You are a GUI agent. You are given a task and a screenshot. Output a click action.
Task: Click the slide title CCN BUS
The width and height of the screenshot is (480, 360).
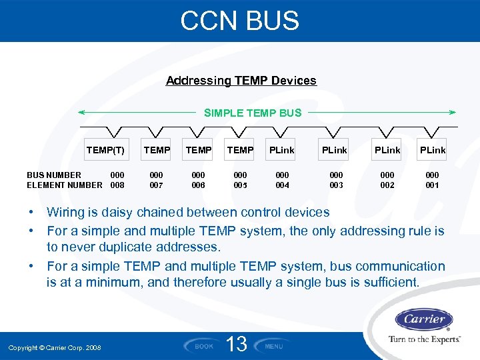click(240, 21)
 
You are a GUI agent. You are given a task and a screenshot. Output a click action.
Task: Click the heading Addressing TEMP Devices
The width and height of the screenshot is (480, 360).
click(241, 81)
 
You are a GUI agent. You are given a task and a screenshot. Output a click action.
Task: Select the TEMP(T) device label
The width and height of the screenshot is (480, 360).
click(105, 150)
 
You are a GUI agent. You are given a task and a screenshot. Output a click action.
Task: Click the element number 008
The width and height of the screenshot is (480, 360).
click(117, 185)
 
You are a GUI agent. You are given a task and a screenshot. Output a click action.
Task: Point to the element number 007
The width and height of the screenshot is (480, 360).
click(157, 185)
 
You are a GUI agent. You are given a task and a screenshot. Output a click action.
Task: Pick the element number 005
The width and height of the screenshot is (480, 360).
click(240, 185)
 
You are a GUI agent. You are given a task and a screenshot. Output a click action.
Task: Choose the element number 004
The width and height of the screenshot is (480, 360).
click(283, 185)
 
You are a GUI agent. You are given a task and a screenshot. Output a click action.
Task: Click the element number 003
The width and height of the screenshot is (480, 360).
click(336, 185)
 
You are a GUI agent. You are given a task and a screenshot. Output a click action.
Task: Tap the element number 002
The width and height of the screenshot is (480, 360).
click(387, 185)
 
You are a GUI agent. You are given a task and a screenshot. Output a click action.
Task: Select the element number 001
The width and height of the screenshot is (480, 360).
click(432, 185)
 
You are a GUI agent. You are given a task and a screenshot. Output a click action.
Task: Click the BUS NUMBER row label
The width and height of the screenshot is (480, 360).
click(54, 175)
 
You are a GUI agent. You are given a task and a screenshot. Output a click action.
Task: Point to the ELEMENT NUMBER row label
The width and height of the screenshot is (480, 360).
click(65, 185)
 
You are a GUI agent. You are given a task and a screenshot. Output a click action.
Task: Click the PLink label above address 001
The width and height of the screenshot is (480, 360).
click(432, 150)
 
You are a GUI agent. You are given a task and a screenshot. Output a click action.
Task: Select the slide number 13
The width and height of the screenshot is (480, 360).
click(237, 345)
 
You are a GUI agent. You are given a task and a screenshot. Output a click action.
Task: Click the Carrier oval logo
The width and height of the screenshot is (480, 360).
click(424, 319)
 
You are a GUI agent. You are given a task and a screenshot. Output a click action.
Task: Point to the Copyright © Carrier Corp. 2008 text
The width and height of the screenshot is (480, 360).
click(55, 347)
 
